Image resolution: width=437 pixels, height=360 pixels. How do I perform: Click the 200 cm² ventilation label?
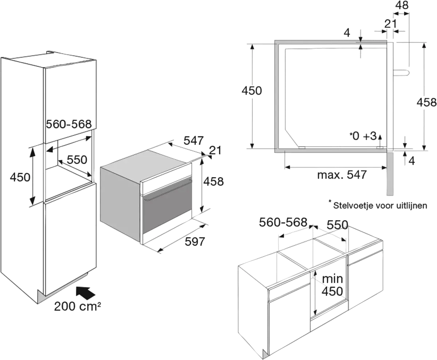(77, 307)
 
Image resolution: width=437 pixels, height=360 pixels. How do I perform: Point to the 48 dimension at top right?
(401, 6)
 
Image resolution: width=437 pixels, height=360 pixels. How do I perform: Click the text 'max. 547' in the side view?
(342, 175)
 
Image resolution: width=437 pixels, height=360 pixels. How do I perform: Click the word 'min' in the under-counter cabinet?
(332, 279)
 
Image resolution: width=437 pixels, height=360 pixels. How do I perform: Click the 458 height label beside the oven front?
(213, 181)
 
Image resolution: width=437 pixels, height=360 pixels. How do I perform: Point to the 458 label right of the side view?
(426, 102)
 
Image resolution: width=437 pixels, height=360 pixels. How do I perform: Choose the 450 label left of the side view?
(252, 90)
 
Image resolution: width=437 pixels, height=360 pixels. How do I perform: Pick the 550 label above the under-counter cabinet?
(337, 225)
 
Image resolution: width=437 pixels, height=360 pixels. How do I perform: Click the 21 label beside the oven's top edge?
(215, 150)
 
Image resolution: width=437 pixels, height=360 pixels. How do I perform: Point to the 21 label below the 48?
(390, 24)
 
